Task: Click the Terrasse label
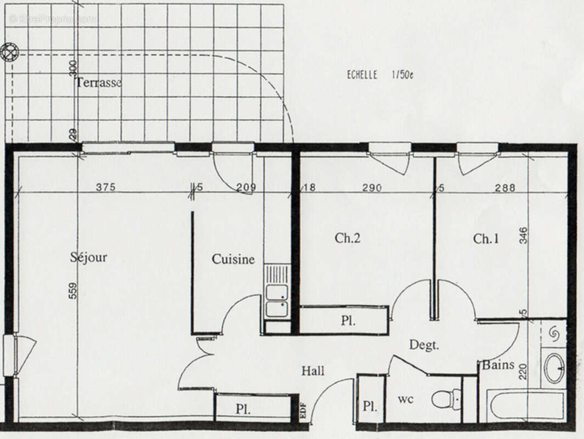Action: [99, 83]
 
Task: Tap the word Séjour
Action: [88, 257]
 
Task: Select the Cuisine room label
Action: [233, 259]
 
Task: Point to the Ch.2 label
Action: [348, 238]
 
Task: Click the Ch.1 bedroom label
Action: [486, 239]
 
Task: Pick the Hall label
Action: [313, 371]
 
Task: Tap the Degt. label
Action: [424, 345]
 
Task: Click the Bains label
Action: [498, 365]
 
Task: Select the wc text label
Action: [406, 399]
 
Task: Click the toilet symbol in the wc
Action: [447, 399]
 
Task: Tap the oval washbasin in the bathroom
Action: [553, 368]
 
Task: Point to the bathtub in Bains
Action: [526, 406]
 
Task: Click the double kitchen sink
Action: [277, 301]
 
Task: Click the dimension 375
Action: [105, 187]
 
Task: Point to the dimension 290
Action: [372, 188]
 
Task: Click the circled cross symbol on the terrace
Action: [9, 52]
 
